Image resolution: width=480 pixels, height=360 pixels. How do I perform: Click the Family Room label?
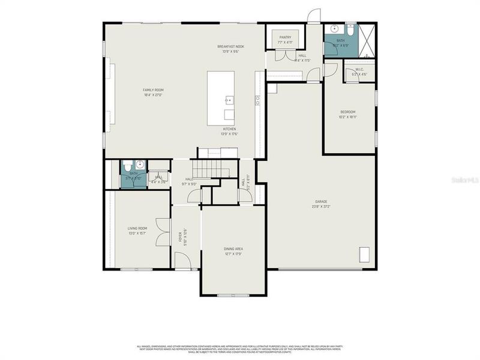[x=153, y=90]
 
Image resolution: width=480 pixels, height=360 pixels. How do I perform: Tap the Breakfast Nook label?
[x=230, y=46]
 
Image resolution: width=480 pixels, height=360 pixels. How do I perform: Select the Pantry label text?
[x=285, y=37]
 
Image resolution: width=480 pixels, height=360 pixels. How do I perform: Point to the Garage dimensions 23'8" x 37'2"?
[x=321, y=207]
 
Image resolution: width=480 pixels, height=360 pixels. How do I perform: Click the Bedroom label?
[x=348, y=112]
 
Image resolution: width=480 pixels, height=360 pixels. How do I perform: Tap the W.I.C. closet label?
[x=360, y=69]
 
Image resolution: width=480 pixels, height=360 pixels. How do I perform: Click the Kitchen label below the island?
[x=229, y=128]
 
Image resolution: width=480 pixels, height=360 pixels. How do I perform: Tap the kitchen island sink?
[x=229, y=100]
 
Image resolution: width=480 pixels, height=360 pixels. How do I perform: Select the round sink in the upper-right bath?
[x=335, y=29]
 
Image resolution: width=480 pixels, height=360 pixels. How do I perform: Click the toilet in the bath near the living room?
[x=127, y=165]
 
